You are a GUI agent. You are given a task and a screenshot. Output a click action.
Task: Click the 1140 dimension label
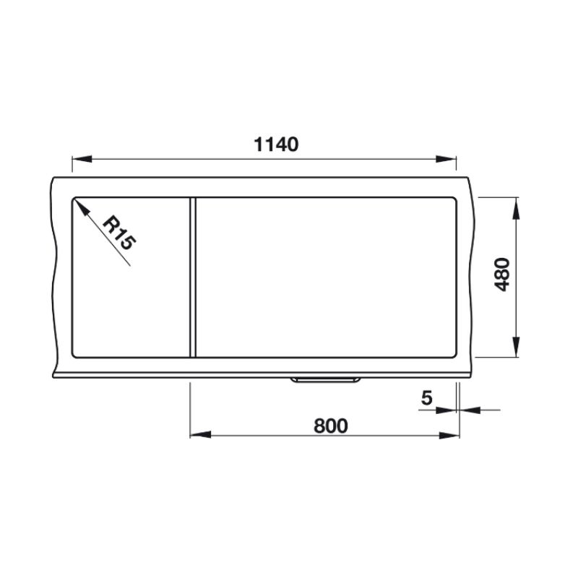(x=276, y=144)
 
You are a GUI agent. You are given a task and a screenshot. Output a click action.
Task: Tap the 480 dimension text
(x=501, y=275)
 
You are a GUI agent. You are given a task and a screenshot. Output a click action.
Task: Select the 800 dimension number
(x=331, y=426)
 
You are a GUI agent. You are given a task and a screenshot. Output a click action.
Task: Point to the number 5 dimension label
(x=426, y=398)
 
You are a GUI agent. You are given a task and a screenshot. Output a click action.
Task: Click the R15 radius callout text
(x=118, y=233)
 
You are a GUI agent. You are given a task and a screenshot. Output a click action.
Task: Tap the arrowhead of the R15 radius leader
(x=82, y=207)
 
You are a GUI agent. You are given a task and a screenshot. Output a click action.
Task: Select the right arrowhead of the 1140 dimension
(x=446, y=159)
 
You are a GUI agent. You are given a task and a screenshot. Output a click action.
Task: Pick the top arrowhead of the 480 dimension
(x=516, y=208)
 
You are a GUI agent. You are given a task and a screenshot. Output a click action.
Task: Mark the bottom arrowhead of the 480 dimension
(x=516, y=347)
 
